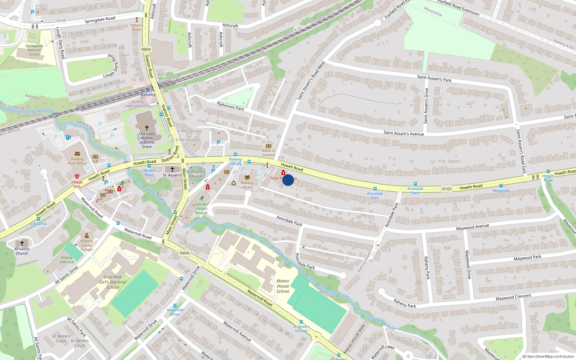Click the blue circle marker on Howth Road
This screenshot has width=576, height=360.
pyautogui.click(x=288, y=180)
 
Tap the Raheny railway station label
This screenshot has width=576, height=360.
pyautogui.click(x=148, y=95)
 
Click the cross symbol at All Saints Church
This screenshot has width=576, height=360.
pyautogui.click(x=22, y=243)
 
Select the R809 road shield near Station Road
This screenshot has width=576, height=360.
pyautogui.click(x=146, y=50)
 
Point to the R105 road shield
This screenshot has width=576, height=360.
pyautogui.click(x=447, y=189)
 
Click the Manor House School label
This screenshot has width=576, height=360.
pyautogui.click(x=283, y=286)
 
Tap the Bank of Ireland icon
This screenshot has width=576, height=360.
pyautogui.click(x=269, y=146)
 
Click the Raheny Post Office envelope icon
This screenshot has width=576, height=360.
pyautogui.click(x=77, y=154)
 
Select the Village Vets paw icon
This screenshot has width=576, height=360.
pyautogui.click(x=77, y=176)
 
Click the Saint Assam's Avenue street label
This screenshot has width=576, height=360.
pyautogui.click(x=404, y=134)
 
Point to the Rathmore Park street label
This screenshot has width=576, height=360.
pyautogui.click(x=230, y=106)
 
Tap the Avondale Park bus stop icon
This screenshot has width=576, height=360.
pyautogui.click(x=375, y=189)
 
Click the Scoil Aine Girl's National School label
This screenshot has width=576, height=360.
pyautogui.click(x=113, y=282)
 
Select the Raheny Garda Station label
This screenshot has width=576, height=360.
pyautogui.click(x=87, y=246)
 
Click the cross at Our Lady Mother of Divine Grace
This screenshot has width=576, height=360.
pyautogui.click(x=147, y=128)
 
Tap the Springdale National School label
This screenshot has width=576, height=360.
pyautogui.click(x=34, y=50)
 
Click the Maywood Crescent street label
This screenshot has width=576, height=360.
pyautogui.click(x=513, y=297)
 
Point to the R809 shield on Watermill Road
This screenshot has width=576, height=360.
pyautogui.click(x=185, y=253)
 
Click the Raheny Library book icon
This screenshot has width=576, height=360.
pyautogui.click(x=247, y=177)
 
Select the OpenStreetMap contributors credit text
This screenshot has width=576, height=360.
pyautogui.click(x=548, y=357)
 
